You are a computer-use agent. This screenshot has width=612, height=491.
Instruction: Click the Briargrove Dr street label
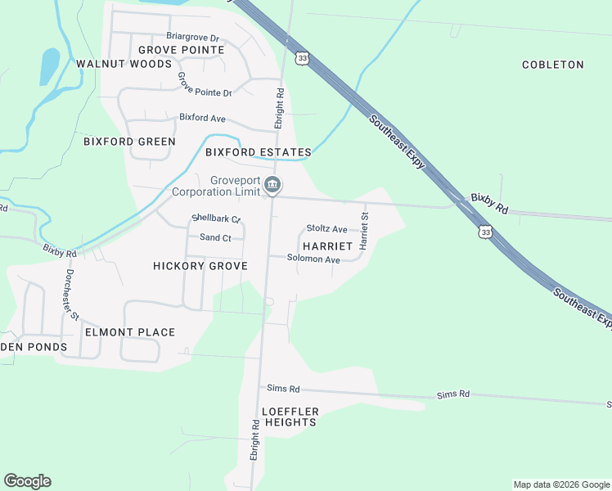coord(193,38)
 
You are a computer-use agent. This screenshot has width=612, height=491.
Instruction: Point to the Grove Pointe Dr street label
coord(205,85)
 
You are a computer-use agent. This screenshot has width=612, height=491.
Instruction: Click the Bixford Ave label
coord(202,119)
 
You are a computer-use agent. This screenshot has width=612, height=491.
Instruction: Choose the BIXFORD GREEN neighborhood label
coord(129,142)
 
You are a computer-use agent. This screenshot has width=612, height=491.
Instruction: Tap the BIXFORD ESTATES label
coord(258,152)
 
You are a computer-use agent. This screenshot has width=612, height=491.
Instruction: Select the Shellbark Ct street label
coord(215,218)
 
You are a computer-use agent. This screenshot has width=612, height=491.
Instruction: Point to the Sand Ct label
coord(216,238)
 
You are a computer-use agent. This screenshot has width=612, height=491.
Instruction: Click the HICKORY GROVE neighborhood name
coord(200,266)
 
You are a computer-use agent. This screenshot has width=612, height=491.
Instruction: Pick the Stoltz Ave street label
coord(326,229)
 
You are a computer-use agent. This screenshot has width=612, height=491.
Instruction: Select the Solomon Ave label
coord(313,259)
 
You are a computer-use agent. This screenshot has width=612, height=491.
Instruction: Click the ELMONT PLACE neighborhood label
coord(130,332)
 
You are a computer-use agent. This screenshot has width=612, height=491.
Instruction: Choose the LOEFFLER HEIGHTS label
coord(290,417)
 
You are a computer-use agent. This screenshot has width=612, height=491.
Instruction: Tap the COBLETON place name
coord(553,65)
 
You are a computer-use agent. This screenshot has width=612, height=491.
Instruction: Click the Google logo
coord(27,481)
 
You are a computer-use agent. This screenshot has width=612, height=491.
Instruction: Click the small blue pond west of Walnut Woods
coord(49,65)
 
